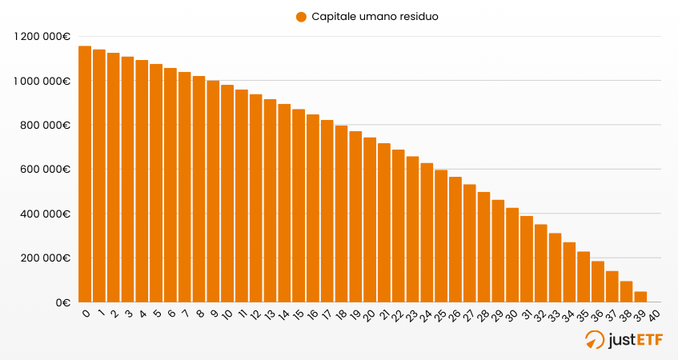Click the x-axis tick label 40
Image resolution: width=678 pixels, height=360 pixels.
[x=653, y=314]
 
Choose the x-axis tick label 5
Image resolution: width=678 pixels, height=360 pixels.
[x=156, y=314]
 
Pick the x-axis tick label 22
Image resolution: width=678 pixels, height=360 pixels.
[x=397, y=315]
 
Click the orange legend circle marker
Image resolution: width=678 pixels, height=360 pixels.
[x=301, y=17]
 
